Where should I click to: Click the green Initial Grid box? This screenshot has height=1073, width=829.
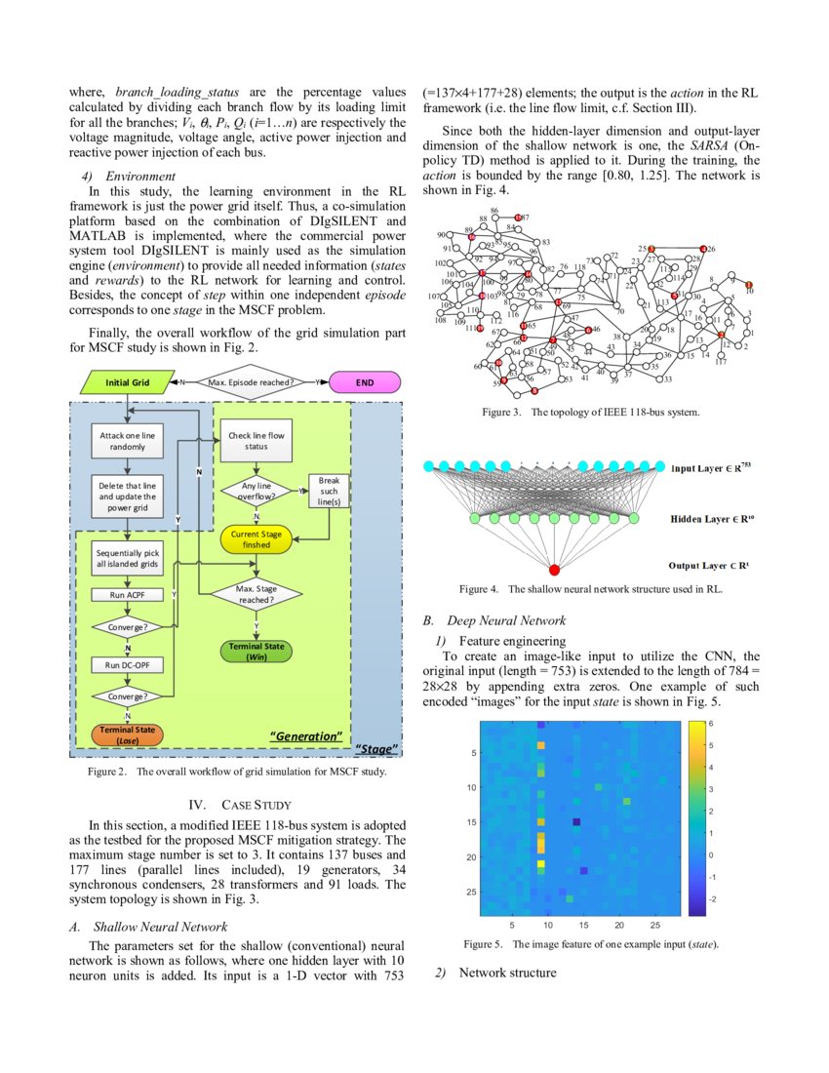tap(128, 382)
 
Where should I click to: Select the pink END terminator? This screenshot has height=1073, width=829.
tap(365, 382)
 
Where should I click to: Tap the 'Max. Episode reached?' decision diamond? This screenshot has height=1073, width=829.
tap(251, 382)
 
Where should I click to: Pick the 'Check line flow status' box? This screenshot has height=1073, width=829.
tap(256, 441)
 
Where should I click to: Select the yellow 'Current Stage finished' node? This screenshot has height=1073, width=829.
tap(257, 539)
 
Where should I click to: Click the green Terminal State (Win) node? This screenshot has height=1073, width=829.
tap(256, 652)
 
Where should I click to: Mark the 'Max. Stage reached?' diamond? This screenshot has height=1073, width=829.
tap(256, 594)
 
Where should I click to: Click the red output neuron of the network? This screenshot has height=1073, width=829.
tap(554, 569)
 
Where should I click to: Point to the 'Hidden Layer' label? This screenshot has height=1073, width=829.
tap(712, 519)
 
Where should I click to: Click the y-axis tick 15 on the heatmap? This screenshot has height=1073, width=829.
tap(471, 822)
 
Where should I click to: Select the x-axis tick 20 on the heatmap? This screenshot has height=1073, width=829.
tap(619, 925)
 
